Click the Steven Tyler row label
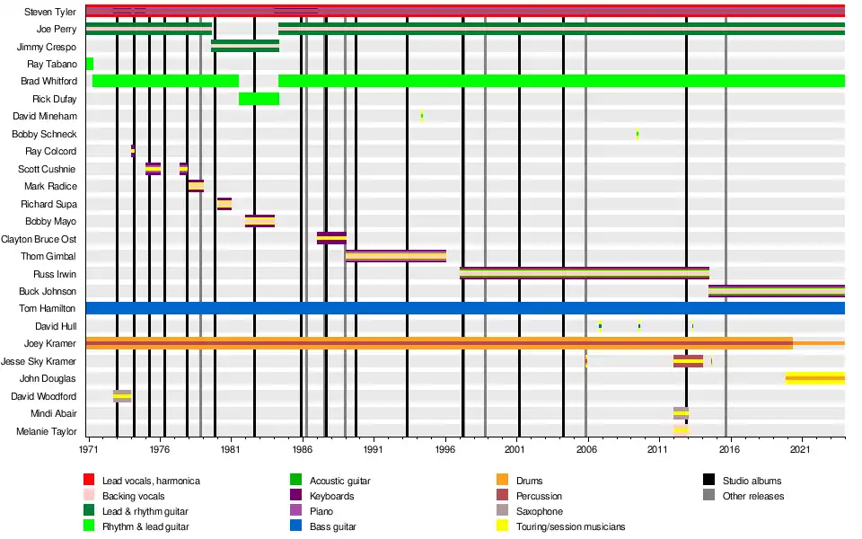50,12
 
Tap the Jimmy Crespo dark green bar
244,47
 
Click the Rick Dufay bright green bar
259,99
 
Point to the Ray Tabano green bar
89,64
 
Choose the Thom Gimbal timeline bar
395,256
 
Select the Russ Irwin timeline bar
584,273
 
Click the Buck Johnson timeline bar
776,291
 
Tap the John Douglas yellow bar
814,378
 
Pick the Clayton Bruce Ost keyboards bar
331,238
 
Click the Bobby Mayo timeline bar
259,221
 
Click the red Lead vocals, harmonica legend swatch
89,481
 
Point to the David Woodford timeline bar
122,396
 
